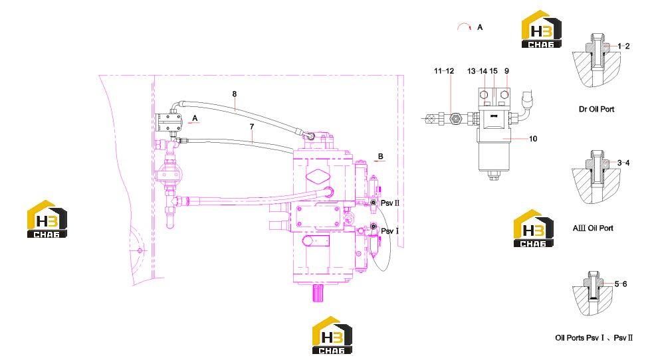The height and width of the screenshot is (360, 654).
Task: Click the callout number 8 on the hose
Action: (235, 94)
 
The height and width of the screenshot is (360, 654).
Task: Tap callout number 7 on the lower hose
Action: (252, 126)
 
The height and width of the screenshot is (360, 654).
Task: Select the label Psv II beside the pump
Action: (390, 203)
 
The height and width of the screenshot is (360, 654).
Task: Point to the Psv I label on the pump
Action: (390, 231)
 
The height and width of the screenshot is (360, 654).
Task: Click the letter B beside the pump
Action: (380, 156)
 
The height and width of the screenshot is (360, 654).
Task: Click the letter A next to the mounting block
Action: (195, 118)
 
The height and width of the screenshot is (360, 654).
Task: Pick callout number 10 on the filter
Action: (533, 139)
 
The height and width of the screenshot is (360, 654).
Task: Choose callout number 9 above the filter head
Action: (506, 71)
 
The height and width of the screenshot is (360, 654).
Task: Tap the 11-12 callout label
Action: (444, 71)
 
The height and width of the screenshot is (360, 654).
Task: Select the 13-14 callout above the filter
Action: (477, 71)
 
